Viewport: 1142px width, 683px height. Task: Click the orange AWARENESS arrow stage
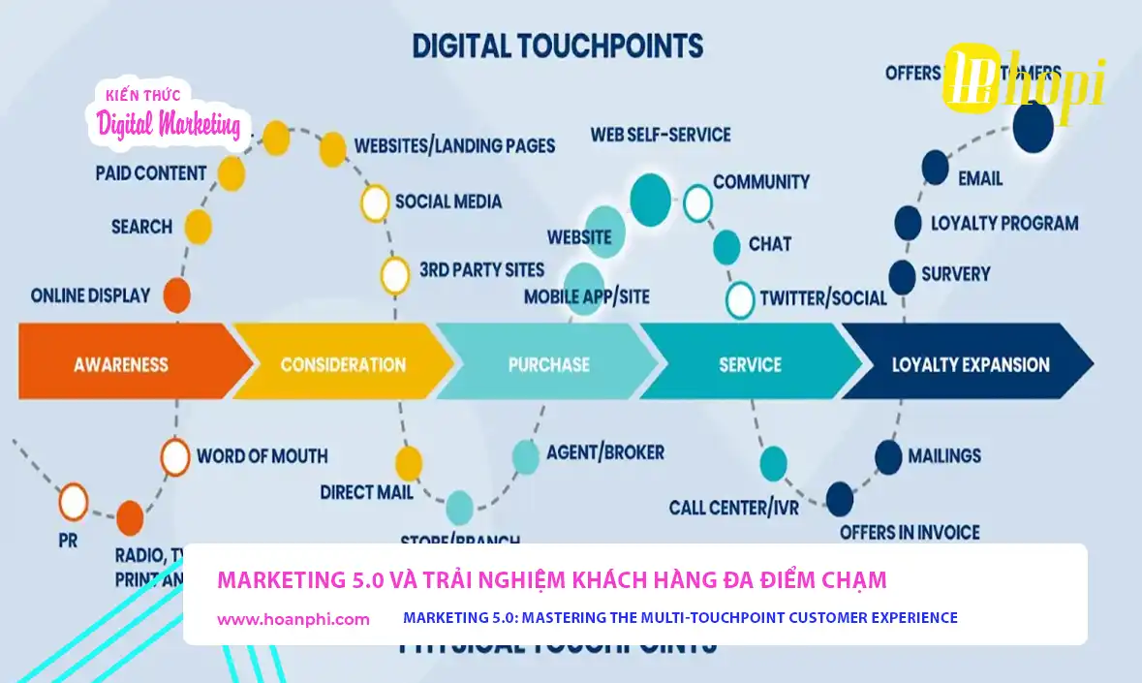click(x=121, y=364)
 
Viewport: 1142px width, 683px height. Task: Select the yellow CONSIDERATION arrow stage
click(x=343, y=364)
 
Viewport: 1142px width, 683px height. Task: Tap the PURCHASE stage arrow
click(x=548, y=364)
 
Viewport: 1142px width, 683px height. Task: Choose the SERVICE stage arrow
click(x=750, y=364)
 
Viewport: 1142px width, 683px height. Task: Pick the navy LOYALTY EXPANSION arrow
click(x=970, y=364)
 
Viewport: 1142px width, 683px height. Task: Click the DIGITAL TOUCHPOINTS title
click(x=557, y=46)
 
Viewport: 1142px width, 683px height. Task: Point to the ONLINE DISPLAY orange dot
click(x=176, y=295)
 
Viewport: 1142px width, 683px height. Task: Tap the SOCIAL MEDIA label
click(x=448, y=202)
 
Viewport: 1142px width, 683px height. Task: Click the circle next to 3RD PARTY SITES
click(x=394, y=275)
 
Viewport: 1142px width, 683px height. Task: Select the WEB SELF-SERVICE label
click(x=661, y=135)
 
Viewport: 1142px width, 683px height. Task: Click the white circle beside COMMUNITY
click(x=697, y=203)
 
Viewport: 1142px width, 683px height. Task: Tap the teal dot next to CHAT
click(x=726, y=247)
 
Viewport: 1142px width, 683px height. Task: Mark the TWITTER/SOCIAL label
click(x=822, y=297)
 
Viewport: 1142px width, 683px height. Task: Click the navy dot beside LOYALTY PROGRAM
click(x=908, y=223)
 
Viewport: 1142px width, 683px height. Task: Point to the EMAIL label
click(x=980, y=178)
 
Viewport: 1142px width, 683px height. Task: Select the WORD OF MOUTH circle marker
click(x=175, y=457)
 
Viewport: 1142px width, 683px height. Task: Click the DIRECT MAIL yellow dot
click(x=409, y=463)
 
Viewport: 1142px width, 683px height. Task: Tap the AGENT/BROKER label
click(x=605, y=452)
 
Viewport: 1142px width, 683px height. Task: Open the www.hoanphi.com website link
click(x=293, y=619)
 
